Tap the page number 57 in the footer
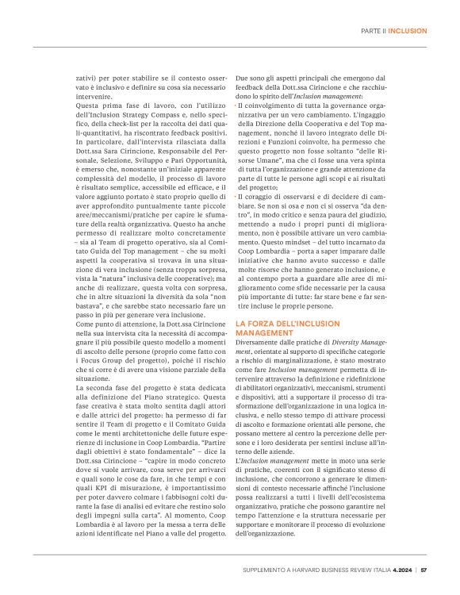[424, 569]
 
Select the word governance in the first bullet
[378, 106]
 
